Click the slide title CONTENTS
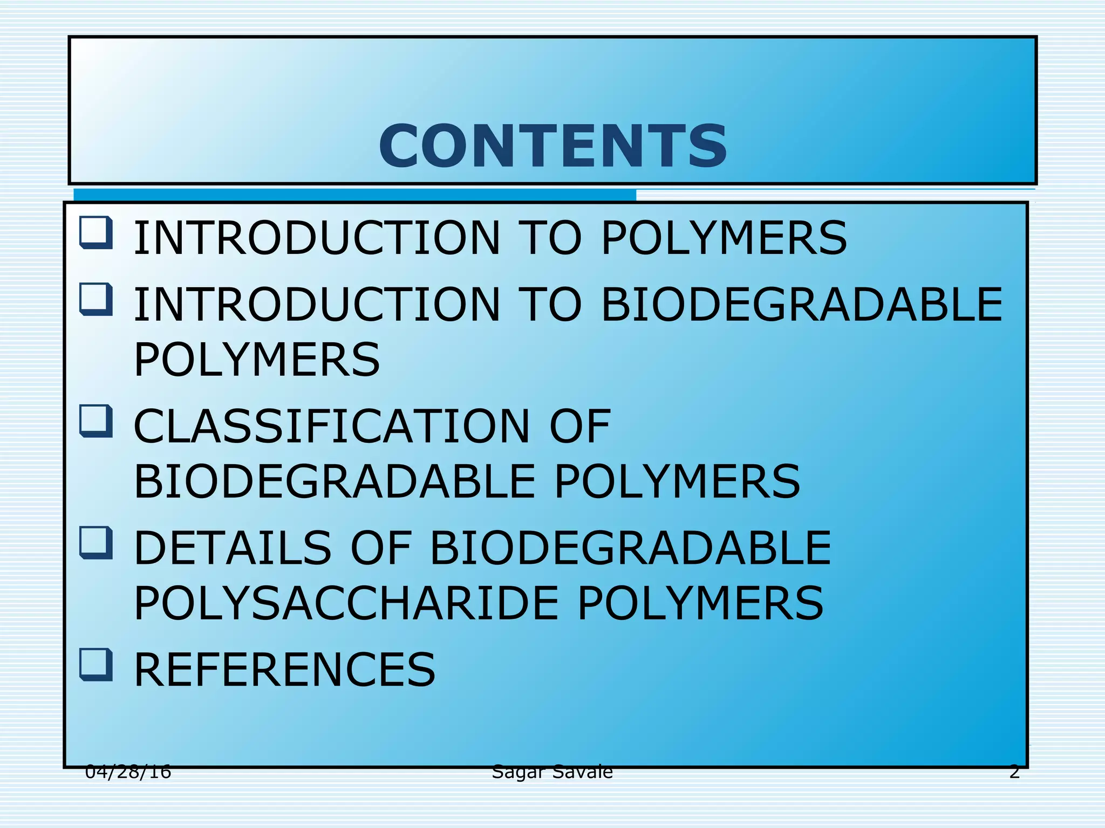pyautogui.click(x=553, y=146)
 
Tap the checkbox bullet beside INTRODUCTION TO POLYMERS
pyautogui.click(x=96, y=233)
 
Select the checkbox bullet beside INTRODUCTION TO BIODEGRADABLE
pyautogui.click(x=96, y=300)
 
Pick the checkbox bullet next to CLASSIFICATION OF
pyautogui.click(x=96, y=421)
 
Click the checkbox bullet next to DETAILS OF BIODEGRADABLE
pyautogui.click(x=96, y=543)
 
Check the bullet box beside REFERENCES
pyautogui.click(x=96, y=665)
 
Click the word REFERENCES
pyautogui.click(x=284, y=670)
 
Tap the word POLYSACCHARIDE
pyautogui.click(x=346, y=603)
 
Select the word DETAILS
pyautogui.click(x=233, y=548)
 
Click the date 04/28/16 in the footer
pyautogui.click(x=128, y=772)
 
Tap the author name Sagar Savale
pyautogui.click(x=552, y=772)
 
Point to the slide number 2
pyautogui.click(x=1014, y=772)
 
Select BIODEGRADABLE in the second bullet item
pyautogui.click(x=801, y=305)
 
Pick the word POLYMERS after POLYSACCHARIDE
pyautogui.click(x=700, y=603)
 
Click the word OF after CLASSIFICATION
pyautogui.click(x=579, y=426)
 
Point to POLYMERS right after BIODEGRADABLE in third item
pyautogui.click(x=677, y=481)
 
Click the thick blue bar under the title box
pyautogui.click(x=354, y=195)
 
